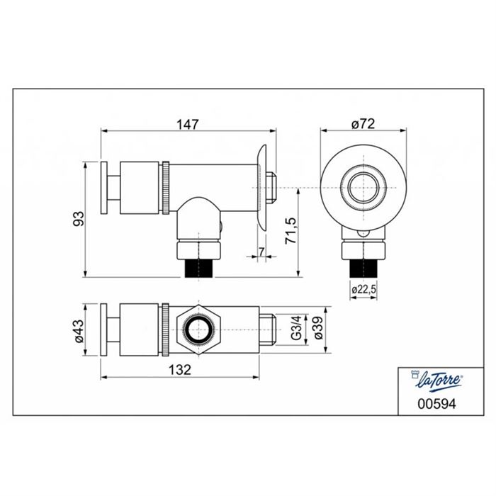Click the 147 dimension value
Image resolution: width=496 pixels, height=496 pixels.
coord(188,124)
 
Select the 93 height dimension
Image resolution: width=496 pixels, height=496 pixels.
coord(79,218)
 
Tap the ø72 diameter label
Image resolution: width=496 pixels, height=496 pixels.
coord(363,124)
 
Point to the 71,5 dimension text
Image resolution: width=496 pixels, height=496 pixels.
coord(291,230)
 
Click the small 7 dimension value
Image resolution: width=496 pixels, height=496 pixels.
coord(261,252)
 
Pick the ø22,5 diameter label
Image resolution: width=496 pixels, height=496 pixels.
coord(363,289)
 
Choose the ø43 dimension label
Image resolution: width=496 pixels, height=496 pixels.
coord(79,331)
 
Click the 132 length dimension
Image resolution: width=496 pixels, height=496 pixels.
coord(180,369)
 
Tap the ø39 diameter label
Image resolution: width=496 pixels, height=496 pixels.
coord(319,328)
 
